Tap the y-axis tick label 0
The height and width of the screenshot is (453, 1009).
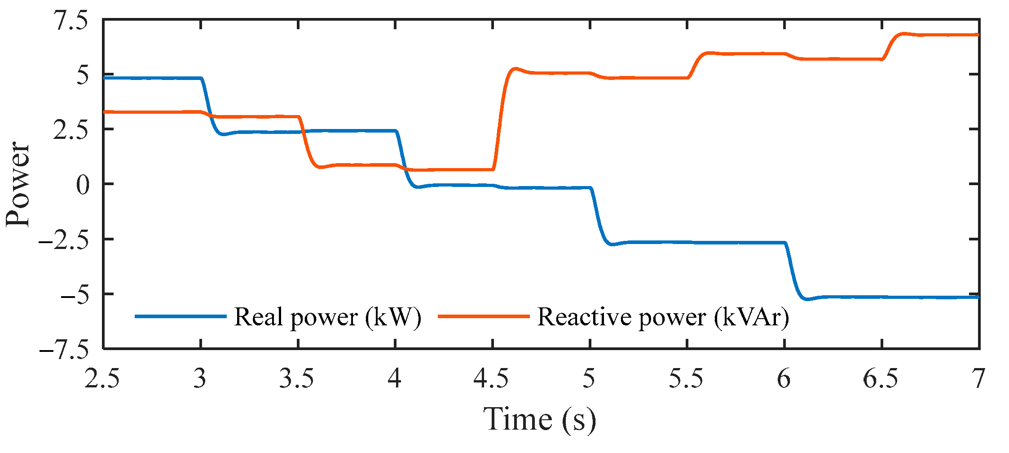click(83, 185)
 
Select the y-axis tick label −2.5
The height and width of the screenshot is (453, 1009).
click(64, 240)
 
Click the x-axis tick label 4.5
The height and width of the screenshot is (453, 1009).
click(491, 379)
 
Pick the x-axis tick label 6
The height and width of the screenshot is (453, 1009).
click(784, 379)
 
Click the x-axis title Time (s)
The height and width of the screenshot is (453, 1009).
click(539, 420)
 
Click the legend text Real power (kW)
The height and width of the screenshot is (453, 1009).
click(328, 317)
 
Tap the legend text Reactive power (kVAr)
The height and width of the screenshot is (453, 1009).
click(663, 317)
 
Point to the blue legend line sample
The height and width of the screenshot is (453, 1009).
click(181, 316)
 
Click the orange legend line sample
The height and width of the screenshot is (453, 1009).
click(484, 316)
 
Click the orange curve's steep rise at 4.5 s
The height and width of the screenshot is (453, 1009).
click(500, 119)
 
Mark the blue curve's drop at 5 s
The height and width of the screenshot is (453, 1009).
click(598, 216)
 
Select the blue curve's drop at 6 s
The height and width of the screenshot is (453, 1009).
click(793, 270)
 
